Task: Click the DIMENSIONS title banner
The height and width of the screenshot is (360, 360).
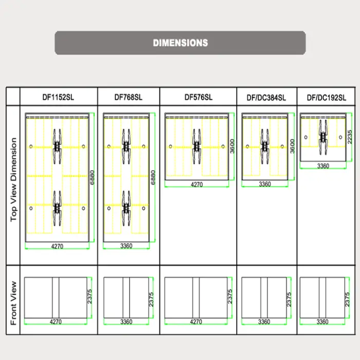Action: point(180,43)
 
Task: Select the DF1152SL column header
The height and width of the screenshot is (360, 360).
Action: point(58,97)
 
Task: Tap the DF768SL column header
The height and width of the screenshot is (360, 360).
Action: point(128,97)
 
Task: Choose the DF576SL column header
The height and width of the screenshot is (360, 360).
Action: point(198,97)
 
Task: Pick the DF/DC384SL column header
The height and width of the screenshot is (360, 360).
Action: point(266,97)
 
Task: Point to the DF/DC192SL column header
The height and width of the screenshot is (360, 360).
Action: point(327,97)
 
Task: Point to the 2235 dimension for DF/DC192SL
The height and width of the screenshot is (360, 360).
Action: point(350,136)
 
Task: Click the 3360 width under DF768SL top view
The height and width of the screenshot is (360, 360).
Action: point(126,246)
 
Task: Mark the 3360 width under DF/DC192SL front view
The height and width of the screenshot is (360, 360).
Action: point(322,322)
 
